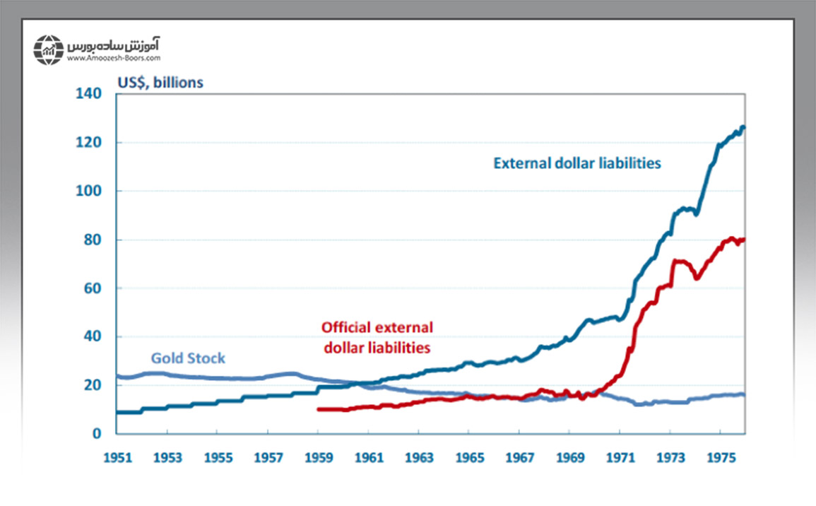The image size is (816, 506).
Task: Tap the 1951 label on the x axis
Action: pos(117,458)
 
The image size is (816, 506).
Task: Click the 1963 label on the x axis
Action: pos(418,458)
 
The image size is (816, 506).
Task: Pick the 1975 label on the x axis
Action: pos(720,458)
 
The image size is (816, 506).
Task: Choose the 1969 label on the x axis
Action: pos(569,458)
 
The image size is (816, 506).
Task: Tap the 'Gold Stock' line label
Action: pos(188,358)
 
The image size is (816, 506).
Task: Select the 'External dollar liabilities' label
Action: pos(576,163)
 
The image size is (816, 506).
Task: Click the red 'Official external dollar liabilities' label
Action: pos(377,337)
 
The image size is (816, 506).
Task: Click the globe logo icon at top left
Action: pos(48,49)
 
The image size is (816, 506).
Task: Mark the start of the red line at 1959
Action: pos(319,409)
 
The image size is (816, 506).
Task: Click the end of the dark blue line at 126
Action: pos(743,127)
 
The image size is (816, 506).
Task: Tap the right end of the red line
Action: pos(743,240)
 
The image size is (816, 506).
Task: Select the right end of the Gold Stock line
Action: pos(743,394)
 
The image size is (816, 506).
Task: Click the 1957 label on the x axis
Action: pos(268,458)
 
